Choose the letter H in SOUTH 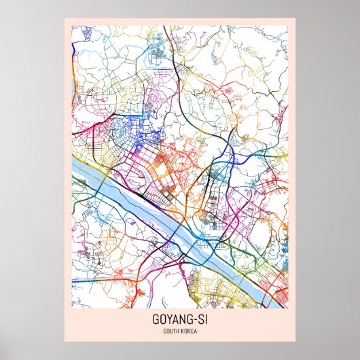[x=179, y=331]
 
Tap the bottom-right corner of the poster [x=295, y=341]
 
